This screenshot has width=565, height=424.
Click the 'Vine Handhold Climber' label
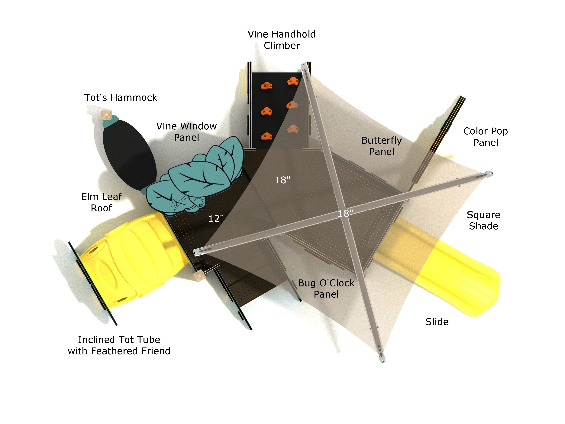(282, 40)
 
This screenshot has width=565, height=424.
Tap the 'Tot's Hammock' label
(121, 98)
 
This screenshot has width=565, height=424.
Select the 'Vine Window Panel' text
(186, 132)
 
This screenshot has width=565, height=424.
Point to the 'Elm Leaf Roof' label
(101, 202)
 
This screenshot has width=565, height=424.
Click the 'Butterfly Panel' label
(381, 146)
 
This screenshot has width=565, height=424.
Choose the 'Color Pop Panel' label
(485, 137)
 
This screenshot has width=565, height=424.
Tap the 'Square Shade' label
(483, 220)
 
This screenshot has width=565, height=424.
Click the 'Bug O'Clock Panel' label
(326, 289)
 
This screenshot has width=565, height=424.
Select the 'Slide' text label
(437, 322)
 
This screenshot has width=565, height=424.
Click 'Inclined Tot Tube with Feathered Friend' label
(119, 345)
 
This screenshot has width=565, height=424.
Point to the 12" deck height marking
(216, 219)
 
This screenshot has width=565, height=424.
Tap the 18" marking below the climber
(282, 180)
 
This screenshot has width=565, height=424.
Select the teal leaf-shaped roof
(197, 176)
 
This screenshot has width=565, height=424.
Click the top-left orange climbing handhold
(266, 86)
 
